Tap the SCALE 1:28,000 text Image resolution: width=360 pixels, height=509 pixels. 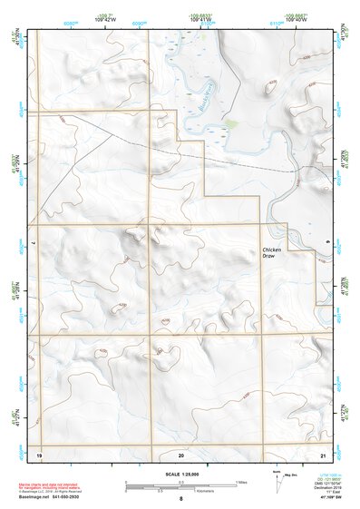click(180, 475)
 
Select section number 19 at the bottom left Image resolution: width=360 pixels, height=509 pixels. click(39, 453)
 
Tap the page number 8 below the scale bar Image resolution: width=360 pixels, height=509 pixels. click(181, 499)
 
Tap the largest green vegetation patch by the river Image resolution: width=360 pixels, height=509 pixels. click(230, 123)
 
